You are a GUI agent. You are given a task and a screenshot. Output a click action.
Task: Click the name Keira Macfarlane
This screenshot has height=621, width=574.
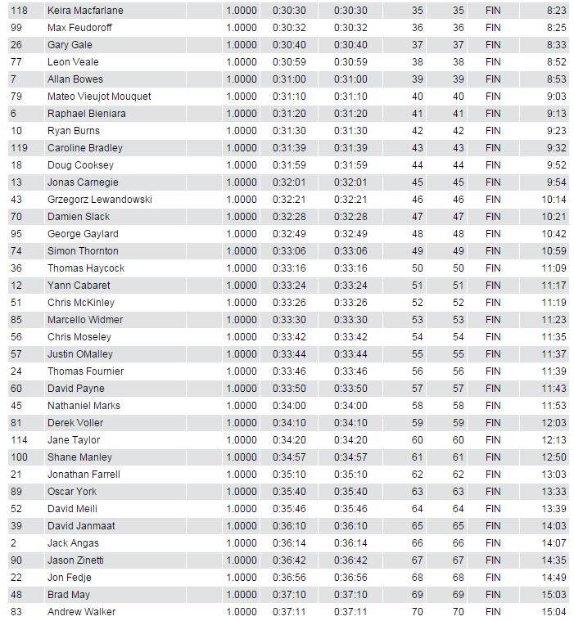85,11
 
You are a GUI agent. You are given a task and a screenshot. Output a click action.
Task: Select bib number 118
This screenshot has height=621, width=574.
19,11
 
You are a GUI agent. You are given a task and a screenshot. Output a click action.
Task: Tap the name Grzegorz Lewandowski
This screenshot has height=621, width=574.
100,200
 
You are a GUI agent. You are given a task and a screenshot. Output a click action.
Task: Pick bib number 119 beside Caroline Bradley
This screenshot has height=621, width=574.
19,148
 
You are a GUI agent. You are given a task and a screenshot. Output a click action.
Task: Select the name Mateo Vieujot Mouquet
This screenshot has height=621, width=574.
99,97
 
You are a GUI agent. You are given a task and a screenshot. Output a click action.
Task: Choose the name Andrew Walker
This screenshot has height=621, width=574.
81,612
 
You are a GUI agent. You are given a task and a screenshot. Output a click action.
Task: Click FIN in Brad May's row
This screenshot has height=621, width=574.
493,595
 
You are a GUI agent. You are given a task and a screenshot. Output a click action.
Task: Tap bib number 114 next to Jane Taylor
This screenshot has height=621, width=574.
19,440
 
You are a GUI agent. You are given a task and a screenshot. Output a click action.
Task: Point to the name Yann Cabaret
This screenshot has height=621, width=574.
79,286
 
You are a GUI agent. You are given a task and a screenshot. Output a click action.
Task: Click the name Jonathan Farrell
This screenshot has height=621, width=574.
84,475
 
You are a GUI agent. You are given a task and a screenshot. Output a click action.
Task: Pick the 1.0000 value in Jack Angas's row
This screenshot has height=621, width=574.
241,543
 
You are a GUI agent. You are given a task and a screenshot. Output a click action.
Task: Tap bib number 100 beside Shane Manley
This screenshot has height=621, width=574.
19,457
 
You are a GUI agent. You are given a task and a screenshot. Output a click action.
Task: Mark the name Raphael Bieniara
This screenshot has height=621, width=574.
87,114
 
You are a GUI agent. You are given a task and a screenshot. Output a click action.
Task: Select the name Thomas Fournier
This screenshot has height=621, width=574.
85,371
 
